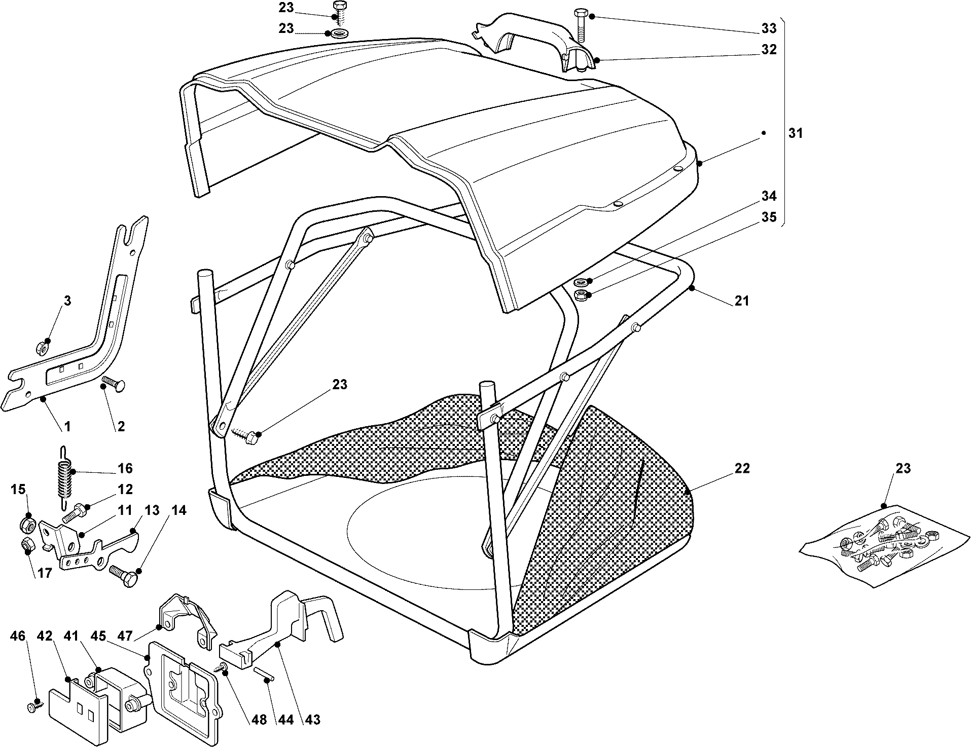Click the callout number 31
[796, 133]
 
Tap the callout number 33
[769, 28]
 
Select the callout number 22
[742, 468]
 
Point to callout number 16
[125, 468]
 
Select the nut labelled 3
[43, 349]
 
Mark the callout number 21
[742, 301]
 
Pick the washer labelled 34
[581, 282]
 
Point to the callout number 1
[67, 427]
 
